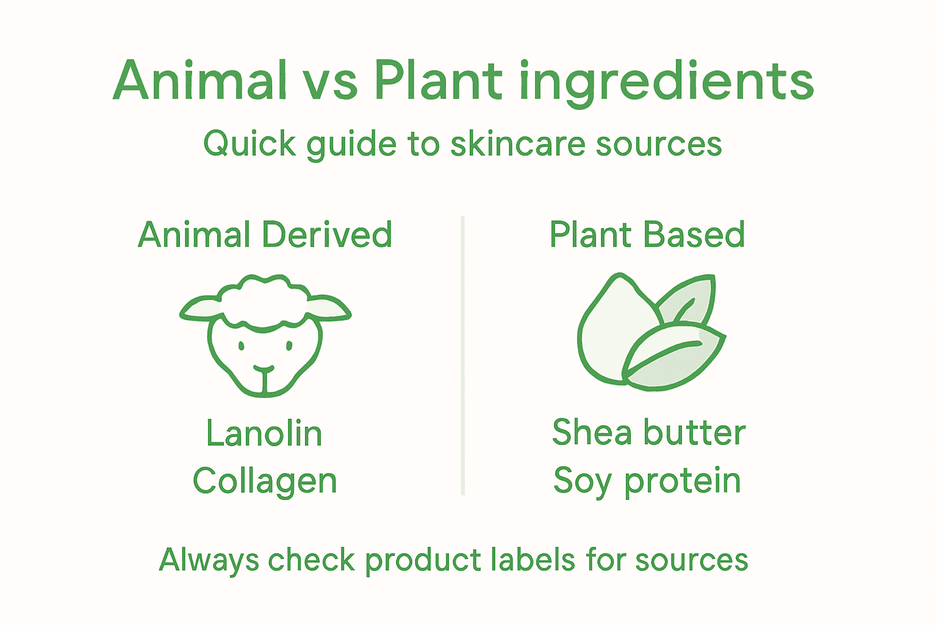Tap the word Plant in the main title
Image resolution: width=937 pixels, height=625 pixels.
tap(438, 81)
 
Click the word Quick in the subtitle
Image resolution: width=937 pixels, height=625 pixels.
tap(250, 145)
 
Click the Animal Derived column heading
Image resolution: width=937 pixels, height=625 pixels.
tap(265, 235)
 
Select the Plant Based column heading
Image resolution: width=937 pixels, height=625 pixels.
tap(647, 235)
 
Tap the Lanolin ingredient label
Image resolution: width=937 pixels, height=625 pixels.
tap(264, 434)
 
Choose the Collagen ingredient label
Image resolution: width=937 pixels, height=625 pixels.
tap(265, 482)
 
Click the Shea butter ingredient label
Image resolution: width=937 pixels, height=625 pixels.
tap(648, 433)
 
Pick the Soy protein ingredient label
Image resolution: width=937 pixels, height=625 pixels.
tap(647, 482)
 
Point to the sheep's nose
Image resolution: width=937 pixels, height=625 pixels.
tap(264, 370)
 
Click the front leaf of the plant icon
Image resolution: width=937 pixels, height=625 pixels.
tap(674, 357)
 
